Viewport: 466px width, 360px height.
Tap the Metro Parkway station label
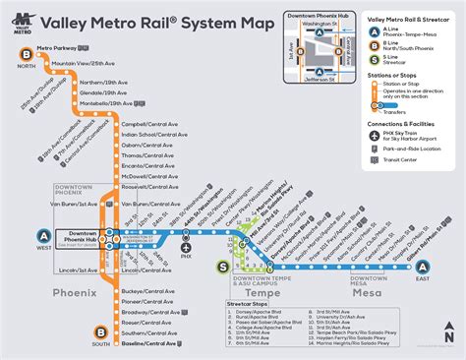[x=56, y=47]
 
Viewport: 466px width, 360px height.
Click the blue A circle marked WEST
[x=44, y=234]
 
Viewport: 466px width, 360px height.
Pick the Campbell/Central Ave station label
[x=146, y=125]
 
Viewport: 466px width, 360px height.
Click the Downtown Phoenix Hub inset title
[x=318, y=17]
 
